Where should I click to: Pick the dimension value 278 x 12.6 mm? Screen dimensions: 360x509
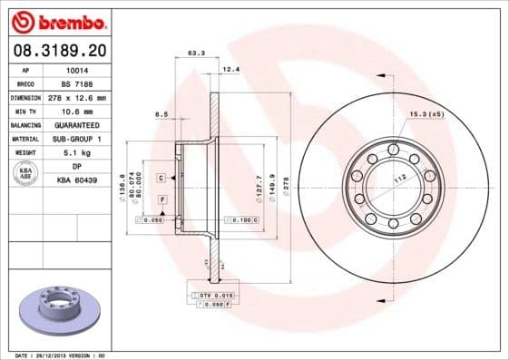click(77, 96)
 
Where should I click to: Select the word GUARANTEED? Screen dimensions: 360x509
click(76, 124)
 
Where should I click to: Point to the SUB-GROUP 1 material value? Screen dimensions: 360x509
click(77, 139)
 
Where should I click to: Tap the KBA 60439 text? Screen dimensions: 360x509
click(77, 180)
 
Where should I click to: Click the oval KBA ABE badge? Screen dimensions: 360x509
click(25, 174)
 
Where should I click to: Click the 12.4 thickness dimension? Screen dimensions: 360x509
click(230, 69)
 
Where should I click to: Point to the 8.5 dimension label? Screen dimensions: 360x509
click(162, 114)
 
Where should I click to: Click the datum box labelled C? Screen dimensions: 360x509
click(161, 178)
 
